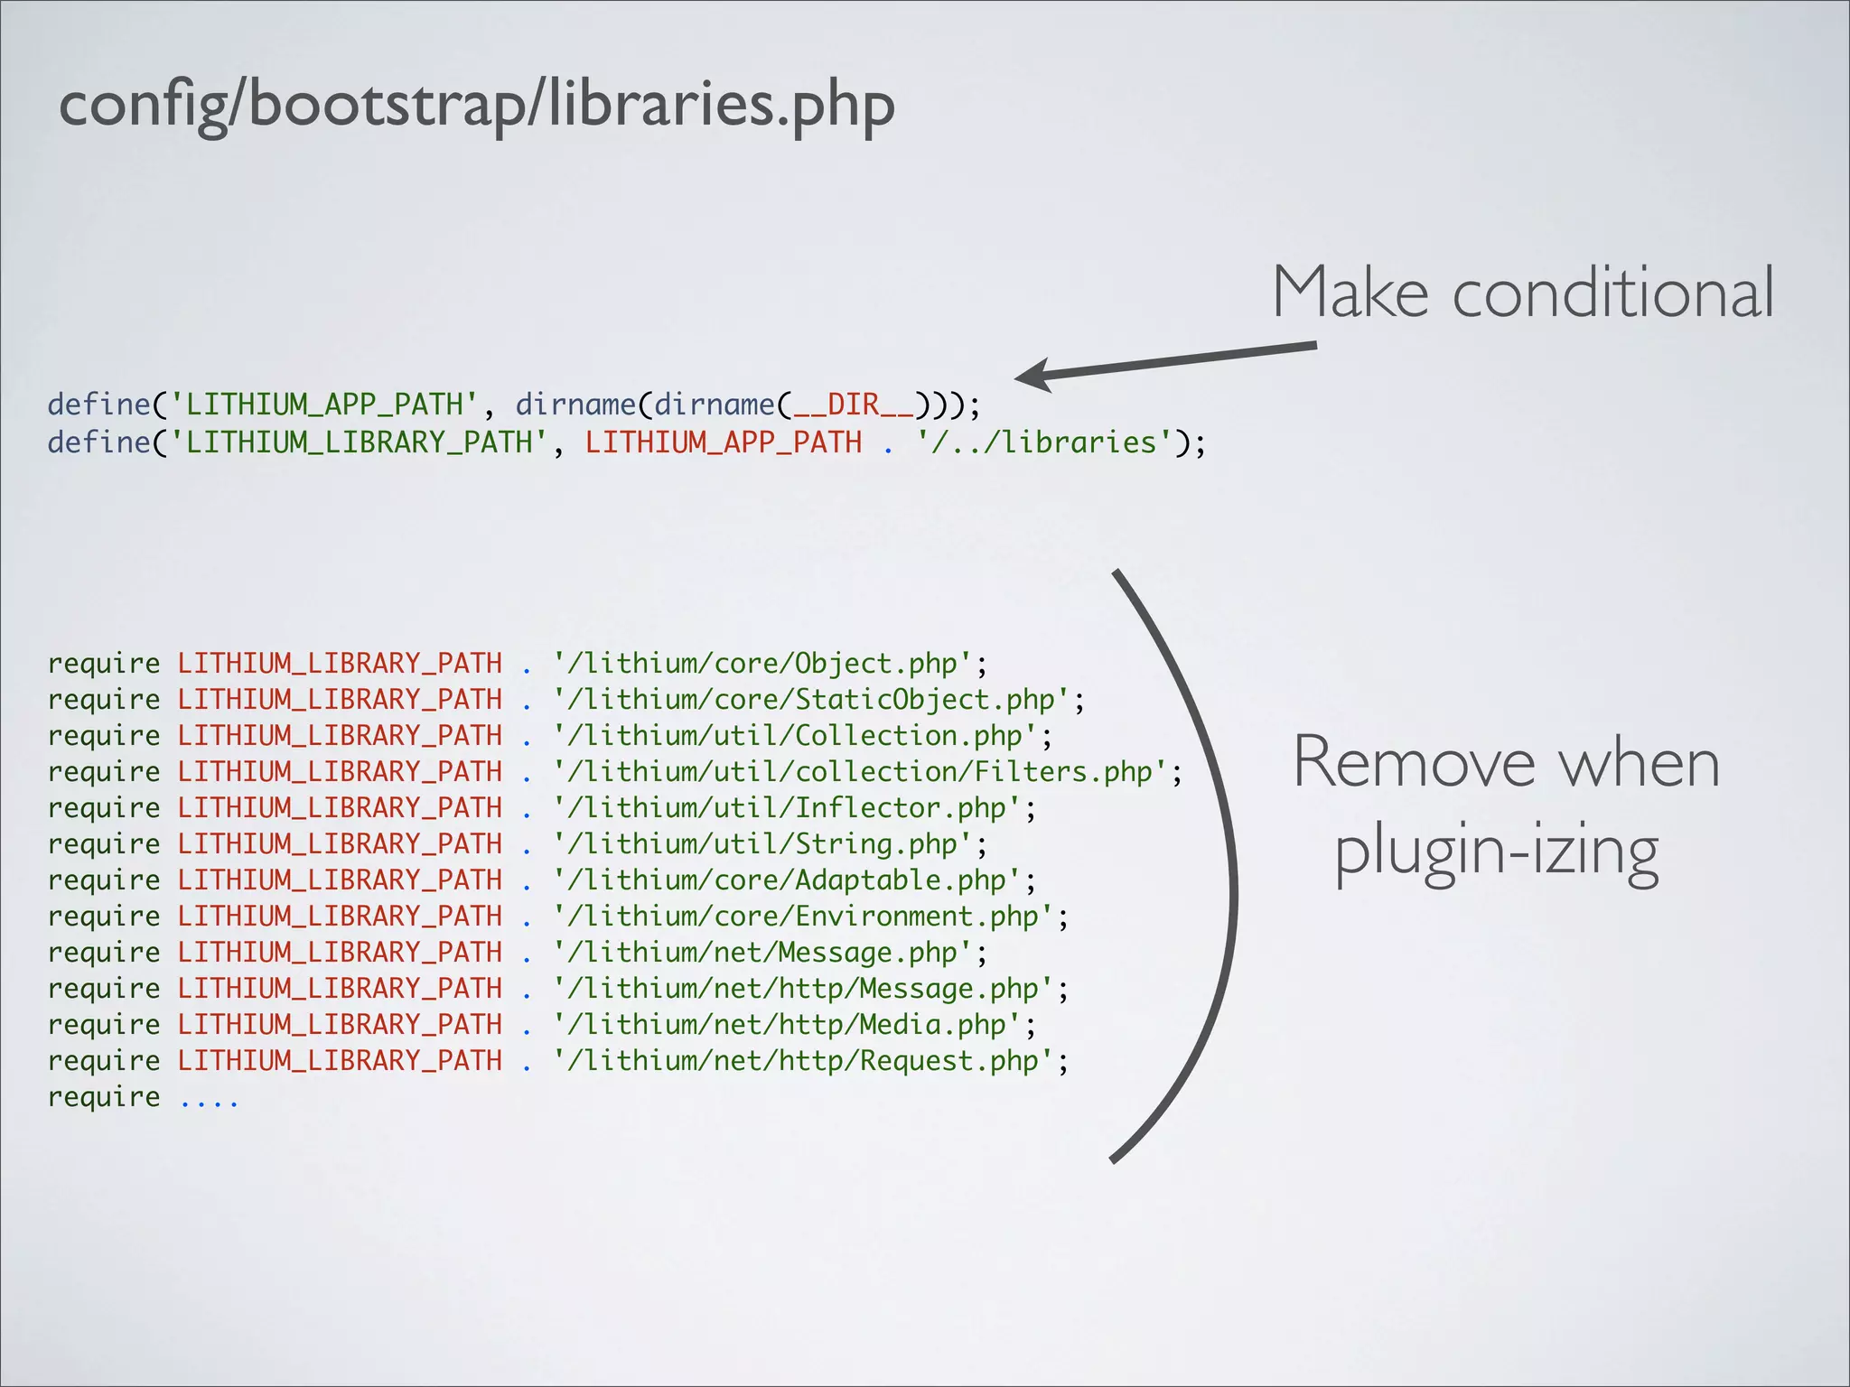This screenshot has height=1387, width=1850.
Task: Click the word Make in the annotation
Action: (x=1350, y=293)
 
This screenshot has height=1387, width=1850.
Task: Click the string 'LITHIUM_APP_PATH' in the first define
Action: (x=324, y=405)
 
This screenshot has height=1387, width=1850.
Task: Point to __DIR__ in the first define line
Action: (x=853, y=405)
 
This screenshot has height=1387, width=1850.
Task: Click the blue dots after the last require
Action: (x=210, y=1101)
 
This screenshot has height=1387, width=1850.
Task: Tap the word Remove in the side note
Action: (x=1414, y=764)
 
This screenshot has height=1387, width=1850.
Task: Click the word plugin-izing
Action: (x=1497, y=851)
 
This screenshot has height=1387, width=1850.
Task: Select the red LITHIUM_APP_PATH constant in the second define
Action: (x=724, y=442)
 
